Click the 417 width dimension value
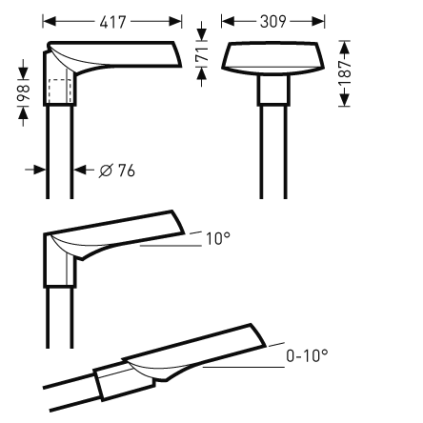[111, 19]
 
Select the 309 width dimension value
[272, 19]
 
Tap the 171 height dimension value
[200, 56]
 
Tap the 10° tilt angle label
[217, 238]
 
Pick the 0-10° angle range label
[307, 355]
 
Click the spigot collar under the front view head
[272, 91]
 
